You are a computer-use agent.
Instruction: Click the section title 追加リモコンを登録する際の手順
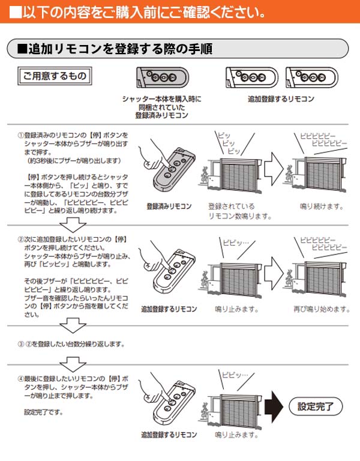pos(114,48)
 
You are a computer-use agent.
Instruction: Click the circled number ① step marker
pos(20,136)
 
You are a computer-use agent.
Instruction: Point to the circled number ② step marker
pos(20,239)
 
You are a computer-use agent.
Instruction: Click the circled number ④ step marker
pos(20,379)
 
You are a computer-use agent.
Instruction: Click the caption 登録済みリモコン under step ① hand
pos(169,206)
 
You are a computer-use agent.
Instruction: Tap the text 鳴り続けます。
pos(322,206)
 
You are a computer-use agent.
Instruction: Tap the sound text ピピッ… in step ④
pos(235,375)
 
